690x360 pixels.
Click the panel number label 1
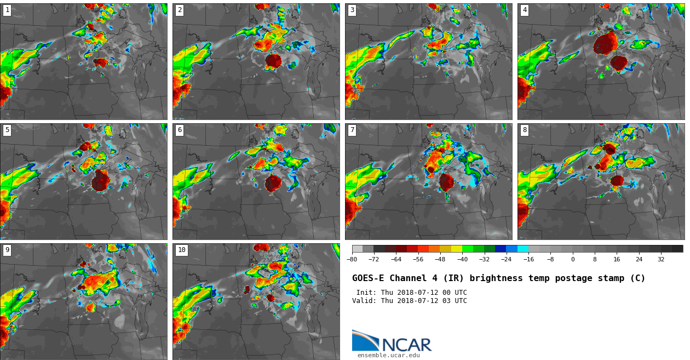(7, 10)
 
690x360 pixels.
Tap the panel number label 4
(525, 10)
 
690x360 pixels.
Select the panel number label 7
(352, 130)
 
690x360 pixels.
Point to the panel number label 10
(181, 250)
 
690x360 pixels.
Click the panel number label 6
(180, 130)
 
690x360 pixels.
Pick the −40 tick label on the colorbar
(462, 260)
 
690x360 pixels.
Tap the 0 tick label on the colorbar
(573, 260)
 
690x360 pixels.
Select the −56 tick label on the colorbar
(418, 260)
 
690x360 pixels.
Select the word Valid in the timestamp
(363, 301)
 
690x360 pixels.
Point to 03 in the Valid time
(444, 301)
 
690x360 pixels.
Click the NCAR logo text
(406, 345)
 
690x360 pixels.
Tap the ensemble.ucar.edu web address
(388, 355)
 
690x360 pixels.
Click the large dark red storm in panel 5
(100, 181)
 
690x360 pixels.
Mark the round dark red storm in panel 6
(273, 183)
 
